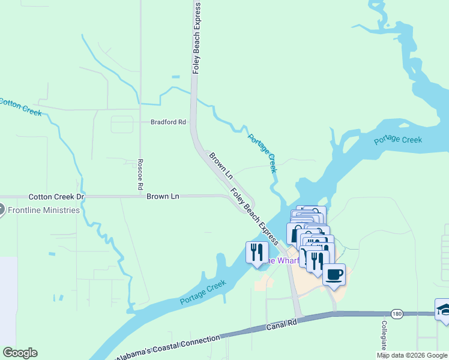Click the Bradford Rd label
[168, 122]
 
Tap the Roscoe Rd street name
[140, 175]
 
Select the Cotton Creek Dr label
[57, 197]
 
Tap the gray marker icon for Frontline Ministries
[1, 210]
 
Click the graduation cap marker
[444, 310]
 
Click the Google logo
[20, 353]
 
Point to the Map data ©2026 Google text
[412, 355]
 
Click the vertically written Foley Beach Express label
[196, 37]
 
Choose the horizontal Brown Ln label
[163, 196]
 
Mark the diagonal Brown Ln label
[220, 166]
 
